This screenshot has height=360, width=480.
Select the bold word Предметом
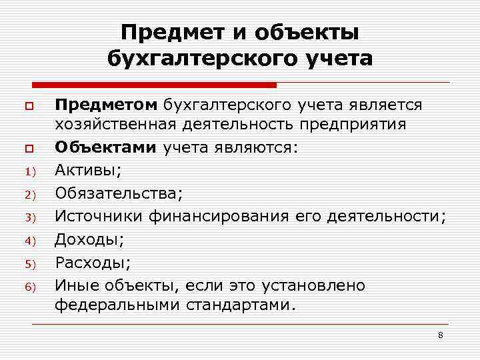tap(107, 105)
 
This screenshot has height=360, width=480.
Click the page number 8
tap(440, 334)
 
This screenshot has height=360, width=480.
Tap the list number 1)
tap(29, 172)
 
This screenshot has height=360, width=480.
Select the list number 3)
tap(29, 217)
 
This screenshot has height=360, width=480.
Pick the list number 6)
tap(29, 287)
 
